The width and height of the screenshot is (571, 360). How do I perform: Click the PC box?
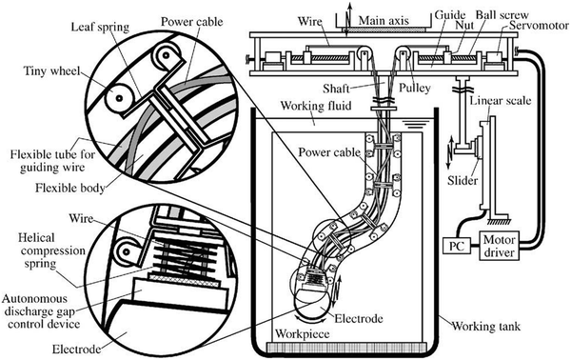[x=457, y=246]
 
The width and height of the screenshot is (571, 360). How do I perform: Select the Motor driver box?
[x=499, y=246]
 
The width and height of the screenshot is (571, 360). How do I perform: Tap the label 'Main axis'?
[x=384, y=20]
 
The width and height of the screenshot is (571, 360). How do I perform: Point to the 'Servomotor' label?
[x=539, y=26]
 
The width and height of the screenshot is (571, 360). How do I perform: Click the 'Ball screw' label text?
[x=502, y=14]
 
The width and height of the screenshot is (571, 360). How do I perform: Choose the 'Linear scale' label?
[x=501, y=101]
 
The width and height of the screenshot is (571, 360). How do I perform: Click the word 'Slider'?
[x=463, y=180]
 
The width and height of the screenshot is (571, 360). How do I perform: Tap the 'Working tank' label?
[x=486, y=326]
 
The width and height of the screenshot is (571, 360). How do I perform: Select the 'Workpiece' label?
[x=303, y=333]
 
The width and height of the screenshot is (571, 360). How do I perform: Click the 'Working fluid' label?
[x=316, y=106]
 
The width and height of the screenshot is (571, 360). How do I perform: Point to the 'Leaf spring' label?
[x=100, y=27]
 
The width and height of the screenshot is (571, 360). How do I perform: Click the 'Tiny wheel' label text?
[x=51, y=70]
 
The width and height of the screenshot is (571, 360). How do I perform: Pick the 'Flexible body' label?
[x=70, y=188]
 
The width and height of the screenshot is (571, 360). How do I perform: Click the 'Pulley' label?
[x=414, y=88]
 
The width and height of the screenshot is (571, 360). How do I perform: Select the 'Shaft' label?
[x=336, y=89]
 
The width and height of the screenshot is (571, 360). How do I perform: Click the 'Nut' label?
[x=464, y=25]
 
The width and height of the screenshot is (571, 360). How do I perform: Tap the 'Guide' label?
[x=450, y=15]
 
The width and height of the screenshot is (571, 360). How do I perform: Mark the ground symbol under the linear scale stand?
[x=500, y=220]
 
